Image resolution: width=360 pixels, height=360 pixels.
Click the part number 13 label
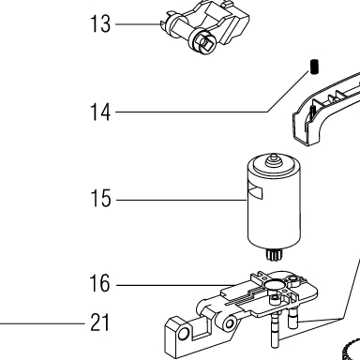tap(100, 23)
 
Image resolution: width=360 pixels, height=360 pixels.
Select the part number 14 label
tap(100, 112)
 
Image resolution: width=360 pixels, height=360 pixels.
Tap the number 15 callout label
tap(100, 198)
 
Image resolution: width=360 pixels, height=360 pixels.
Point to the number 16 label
tap(99, 283)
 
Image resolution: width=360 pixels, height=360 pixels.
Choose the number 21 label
tap(99, 322)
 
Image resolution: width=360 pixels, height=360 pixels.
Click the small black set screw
tap(315, 67)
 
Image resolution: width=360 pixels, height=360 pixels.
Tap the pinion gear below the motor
tap(273, 255)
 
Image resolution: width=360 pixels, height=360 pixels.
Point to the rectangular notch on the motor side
tap(255, 192)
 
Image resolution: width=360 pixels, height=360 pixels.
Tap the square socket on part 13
tap(206, 42)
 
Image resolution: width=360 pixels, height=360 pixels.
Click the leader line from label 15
tap(182, 200)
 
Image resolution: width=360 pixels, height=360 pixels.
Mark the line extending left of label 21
tap(42, 323)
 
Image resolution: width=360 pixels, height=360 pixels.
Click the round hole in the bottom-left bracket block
tap(183, 335)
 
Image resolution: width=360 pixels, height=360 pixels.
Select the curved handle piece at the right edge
tap(326, 110)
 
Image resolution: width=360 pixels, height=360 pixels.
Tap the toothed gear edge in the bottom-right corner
tap(352, 350)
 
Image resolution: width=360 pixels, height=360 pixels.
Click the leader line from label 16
tap(176, 285)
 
